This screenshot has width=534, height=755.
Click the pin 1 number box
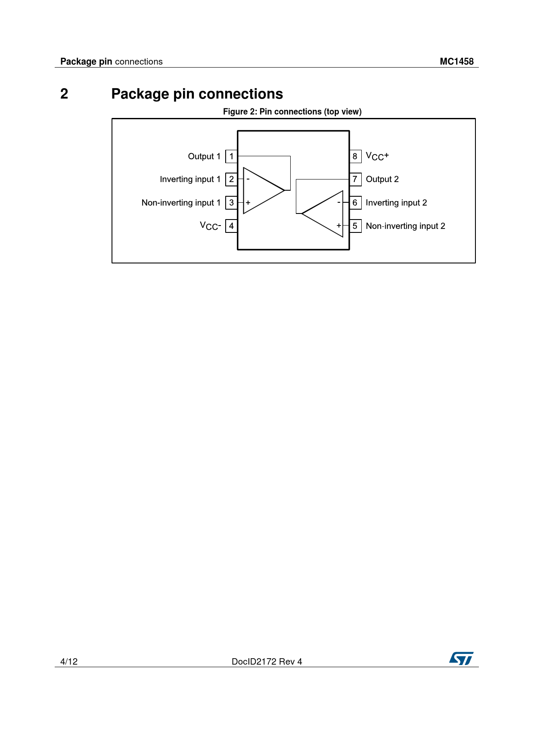[x=232, y=156]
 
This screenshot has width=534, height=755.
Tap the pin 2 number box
[x=232, y=179]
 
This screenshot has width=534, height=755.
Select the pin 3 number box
[x=232, y=202]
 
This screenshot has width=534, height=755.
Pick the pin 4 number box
[x=232, y=226]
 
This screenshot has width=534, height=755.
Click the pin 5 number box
[x=355, y=226]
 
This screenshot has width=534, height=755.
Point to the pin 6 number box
[x=355, y=202]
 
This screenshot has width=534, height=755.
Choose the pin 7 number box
[x=355, y=179]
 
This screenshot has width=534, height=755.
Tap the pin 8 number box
[x=355, y=156]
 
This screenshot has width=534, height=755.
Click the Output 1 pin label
[x=204, y=156]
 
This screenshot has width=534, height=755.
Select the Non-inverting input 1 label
[x=181, y=202]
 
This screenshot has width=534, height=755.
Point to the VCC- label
[x=210, y=226]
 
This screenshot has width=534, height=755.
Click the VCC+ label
[x=377, y=156]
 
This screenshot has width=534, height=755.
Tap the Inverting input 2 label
[x=396, y=202]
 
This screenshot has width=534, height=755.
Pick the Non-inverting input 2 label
[x=405, y=226]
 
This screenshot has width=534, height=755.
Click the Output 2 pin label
[x=382, y=179]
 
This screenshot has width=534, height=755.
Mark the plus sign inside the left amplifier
[x=248, y=202]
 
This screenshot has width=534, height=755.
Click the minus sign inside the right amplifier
[x=339, y=202]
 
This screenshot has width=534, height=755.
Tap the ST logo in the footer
[x=461, y=659]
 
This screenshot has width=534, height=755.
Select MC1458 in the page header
[x=456, y=62]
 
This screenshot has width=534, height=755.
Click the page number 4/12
[x=69, y=662]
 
